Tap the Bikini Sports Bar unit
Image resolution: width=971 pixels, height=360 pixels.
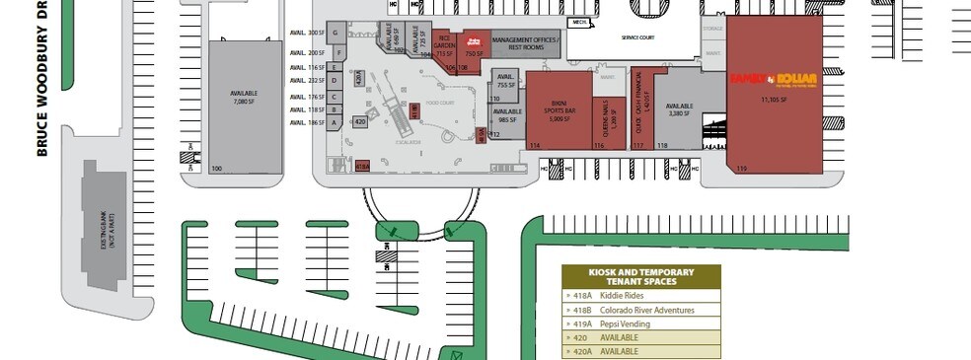(x=560, y=110)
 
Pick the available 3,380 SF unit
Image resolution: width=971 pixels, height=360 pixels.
(x=678, y=110)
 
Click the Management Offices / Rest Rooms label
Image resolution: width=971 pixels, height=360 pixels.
(x=525, y=42)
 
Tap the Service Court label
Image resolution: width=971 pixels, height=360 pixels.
(x=638, y=37)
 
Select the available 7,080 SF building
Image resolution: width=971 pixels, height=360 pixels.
(x=243, y=97)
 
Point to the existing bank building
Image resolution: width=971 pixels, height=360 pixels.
(x=98, y=226)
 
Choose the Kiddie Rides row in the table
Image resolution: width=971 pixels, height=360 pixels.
(x=641, y=296)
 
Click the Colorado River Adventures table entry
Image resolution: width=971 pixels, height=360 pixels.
(x=641, y=310)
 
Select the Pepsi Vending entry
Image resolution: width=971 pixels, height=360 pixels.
(x=641, y=324)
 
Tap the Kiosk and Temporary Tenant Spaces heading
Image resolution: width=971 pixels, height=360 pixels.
(x=641, y=277)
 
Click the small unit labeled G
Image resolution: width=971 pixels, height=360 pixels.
(x=336, y=34)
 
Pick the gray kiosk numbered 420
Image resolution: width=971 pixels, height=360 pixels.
(x=360, y=121)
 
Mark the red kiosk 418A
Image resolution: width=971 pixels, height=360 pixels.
(x=362, y=167)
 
